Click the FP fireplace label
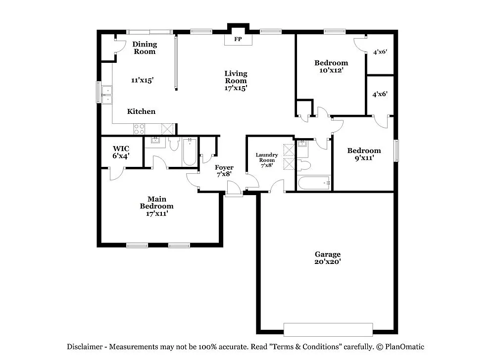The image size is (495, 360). (238, 39)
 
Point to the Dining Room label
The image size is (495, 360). (145, 48)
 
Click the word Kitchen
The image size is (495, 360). (141, 111)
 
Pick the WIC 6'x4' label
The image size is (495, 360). (121, 152)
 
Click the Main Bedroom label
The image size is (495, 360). (156, 206)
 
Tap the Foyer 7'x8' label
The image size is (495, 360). (224, 171)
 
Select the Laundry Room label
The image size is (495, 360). (266, 160)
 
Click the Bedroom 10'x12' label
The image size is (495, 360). (331, 66)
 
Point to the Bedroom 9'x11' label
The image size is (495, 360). (364, 154)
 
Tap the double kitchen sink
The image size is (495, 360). (106, 94)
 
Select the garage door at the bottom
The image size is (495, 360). (328, 329)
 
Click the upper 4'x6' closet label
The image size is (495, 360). (380, 51)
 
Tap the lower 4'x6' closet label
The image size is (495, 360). (380, 94)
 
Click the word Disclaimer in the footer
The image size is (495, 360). (85, 347)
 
